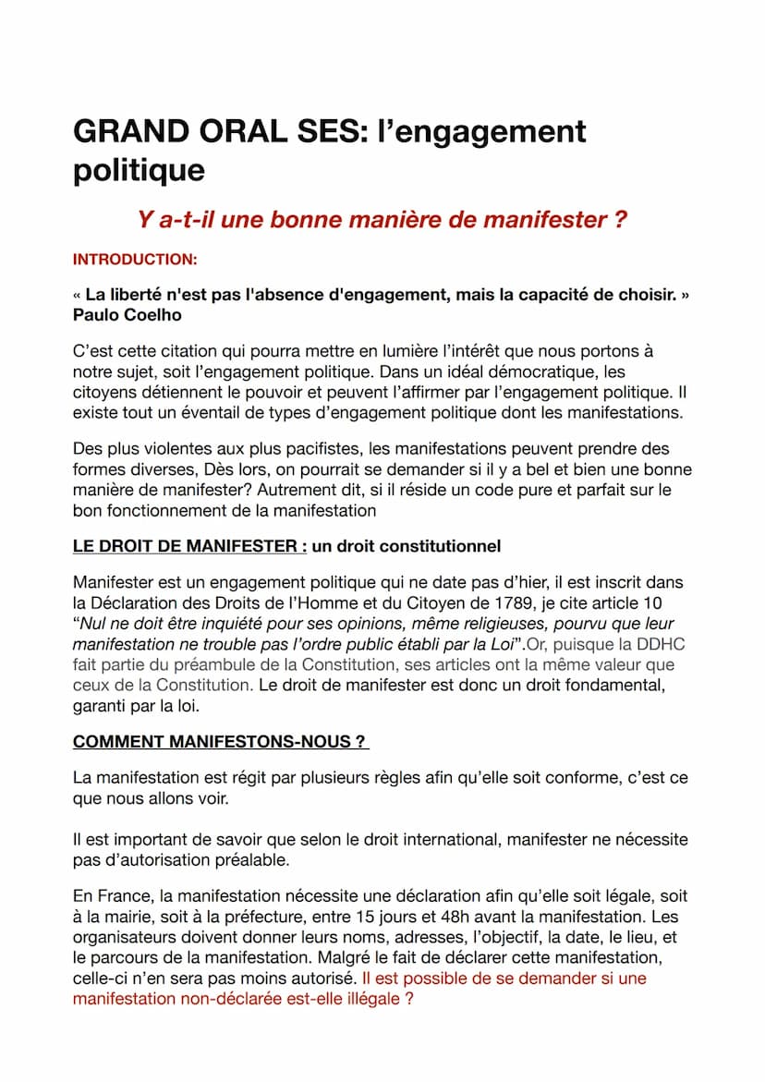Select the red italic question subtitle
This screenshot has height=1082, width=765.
click(x=382, y=220)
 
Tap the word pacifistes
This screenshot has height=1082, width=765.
click(x=317, y=450)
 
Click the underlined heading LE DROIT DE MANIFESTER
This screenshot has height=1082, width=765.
click(x=189, y=546)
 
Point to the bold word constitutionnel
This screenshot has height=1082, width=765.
click(x=434, y=546)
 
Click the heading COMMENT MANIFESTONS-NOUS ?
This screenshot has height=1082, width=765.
click(x=220, y=742)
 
